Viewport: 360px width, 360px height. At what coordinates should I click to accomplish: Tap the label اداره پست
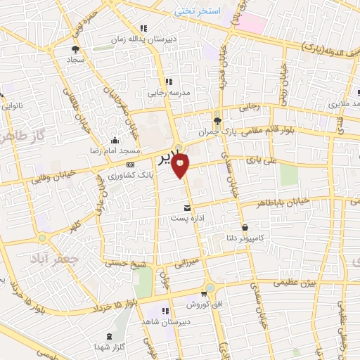coord(188,219)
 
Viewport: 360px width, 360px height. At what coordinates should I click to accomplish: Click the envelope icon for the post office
coord(187,208)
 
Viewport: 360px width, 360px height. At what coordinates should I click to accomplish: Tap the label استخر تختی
coord(198,13)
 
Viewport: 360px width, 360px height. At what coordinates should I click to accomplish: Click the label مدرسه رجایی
coord(165,92)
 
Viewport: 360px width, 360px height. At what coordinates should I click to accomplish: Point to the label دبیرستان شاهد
coord(162,321)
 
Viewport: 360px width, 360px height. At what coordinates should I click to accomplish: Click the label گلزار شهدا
coord(110,347)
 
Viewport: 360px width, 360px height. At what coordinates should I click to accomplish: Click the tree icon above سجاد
coord(76,49)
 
